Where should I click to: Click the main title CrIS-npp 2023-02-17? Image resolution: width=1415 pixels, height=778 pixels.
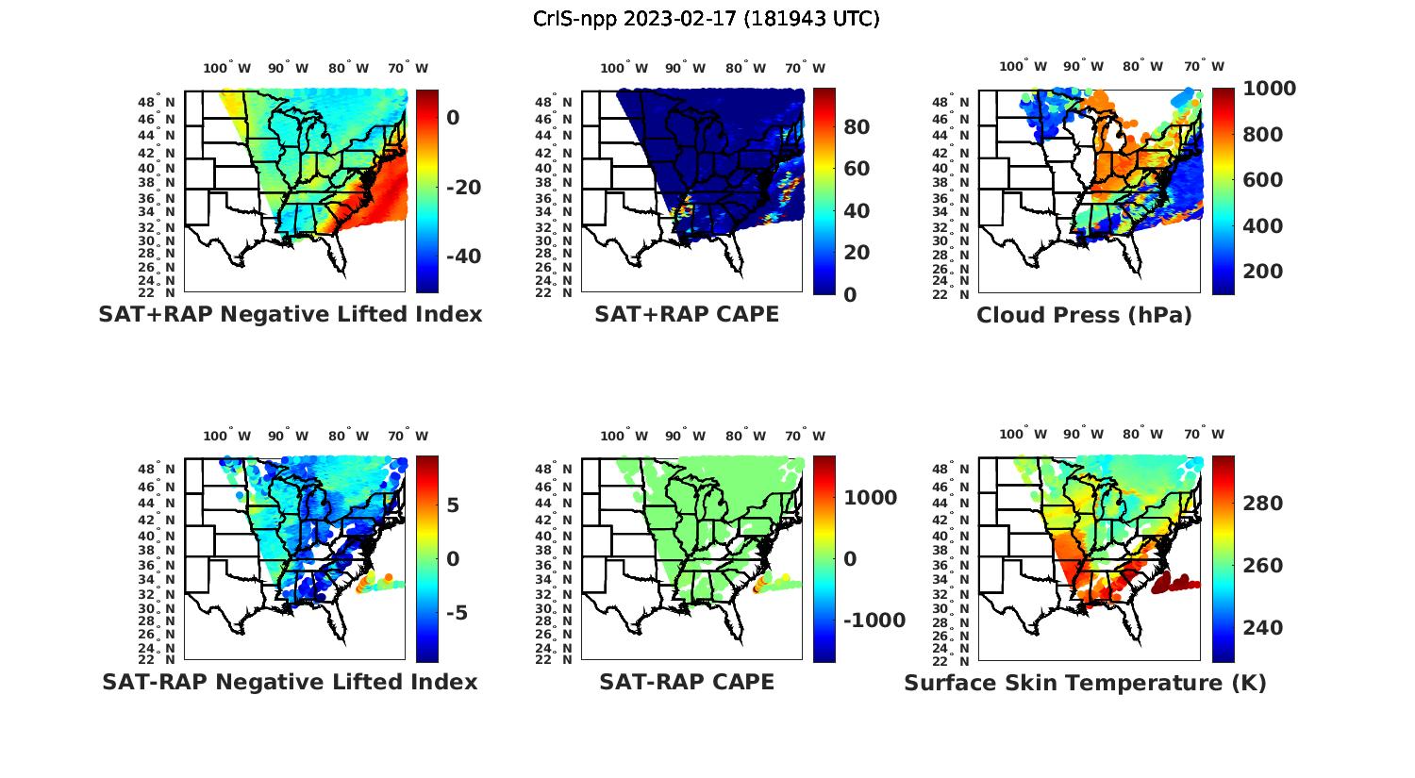coord(706,19)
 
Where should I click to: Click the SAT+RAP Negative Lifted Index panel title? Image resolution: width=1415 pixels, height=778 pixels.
coord(291,314)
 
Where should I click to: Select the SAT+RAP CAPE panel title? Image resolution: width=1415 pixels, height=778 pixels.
coord(687,314)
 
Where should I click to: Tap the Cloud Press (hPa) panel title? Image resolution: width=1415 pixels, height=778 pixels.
coord(1084,315)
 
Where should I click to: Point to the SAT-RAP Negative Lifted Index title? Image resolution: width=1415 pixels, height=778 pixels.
coord(290,682)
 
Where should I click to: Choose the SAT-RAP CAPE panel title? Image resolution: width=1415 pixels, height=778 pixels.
coord(687,682)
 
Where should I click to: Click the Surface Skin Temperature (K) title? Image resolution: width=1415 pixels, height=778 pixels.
coord(1085,683)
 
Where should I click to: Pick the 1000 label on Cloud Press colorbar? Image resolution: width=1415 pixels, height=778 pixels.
coord(1269,89)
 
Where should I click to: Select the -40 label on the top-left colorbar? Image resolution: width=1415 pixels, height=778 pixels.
coord(463,257)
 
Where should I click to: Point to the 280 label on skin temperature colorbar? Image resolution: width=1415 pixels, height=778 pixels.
coord(1262,504)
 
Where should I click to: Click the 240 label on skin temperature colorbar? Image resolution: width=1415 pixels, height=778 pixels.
coord(1262,628)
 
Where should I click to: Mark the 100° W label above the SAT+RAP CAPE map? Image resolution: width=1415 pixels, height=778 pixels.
coord(624,68)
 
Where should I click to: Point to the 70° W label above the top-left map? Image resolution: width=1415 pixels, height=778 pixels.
coord(408,68)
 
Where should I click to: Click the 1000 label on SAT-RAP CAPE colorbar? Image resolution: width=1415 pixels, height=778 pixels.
coord(870,498)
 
